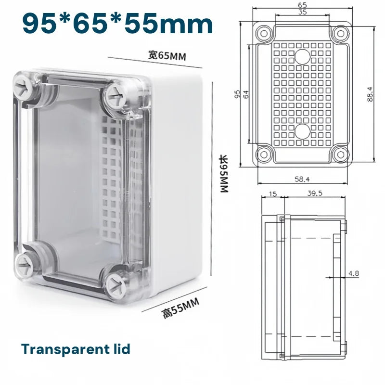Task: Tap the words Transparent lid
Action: coord(76,349)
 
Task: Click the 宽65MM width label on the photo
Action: coord(167,56)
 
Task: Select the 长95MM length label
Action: coord(223,174)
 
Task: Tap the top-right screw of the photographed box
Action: coord(116,95)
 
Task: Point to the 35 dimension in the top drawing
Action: coord(302,12)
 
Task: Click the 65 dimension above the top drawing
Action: coord(302,4)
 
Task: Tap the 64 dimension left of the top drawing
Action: coord(246,94)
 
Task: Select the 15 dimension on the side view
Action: coord(272,193)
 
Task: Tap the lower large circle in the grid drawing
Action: coord(302,131)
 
